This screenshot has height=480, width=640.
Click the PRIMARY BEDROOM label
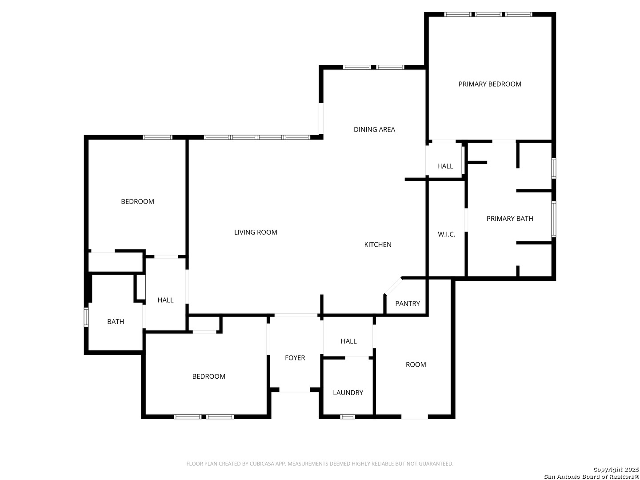tap(490, 84)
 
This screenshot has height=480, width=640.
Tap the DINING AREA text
tap(374, 129)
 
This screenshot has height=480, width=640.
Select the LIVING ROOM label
tap(256, 232)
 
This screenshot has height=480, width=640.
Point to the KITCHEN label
tap(378, 244)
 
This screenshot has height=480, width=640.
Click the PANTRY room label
tap(408, 304)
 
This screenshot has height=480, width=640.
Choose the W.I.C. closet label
tap(447, 234)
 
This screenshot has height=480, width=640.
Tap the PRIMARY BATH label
tap(510, 219)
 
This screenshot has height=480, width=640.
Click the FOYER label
tap(295, 358)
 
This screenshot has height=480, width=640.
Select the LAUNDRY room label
tap(348, 392)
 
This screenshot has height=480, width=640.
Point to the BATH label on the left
tap(116, 321)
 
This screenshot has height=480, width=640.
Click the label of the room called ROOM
tap(416, 364)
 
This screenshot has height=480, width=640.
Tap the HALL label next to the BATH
tap(165, 300)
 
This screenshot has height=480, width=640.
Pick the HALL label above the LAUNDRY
tap(349, 341)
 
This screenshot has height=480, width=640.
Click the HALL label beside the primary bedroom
tap(445, 166)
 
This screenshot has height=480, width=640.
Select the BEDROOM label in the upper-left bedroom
tap(137, 201)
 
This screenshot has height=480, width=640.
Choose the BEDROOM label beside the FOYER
tap(208, 376)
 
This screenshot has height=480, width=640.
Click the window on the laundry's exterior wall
tap(348, 416)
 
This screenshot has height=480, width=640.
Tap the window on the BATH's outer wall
tap(87, 317)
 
